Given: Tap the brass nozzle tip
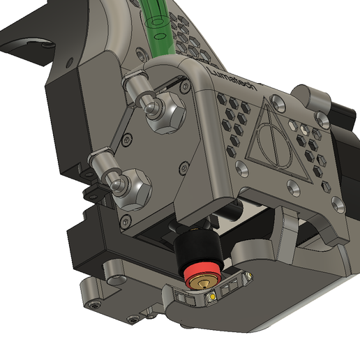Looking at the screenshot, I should (x=201, y=283).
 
